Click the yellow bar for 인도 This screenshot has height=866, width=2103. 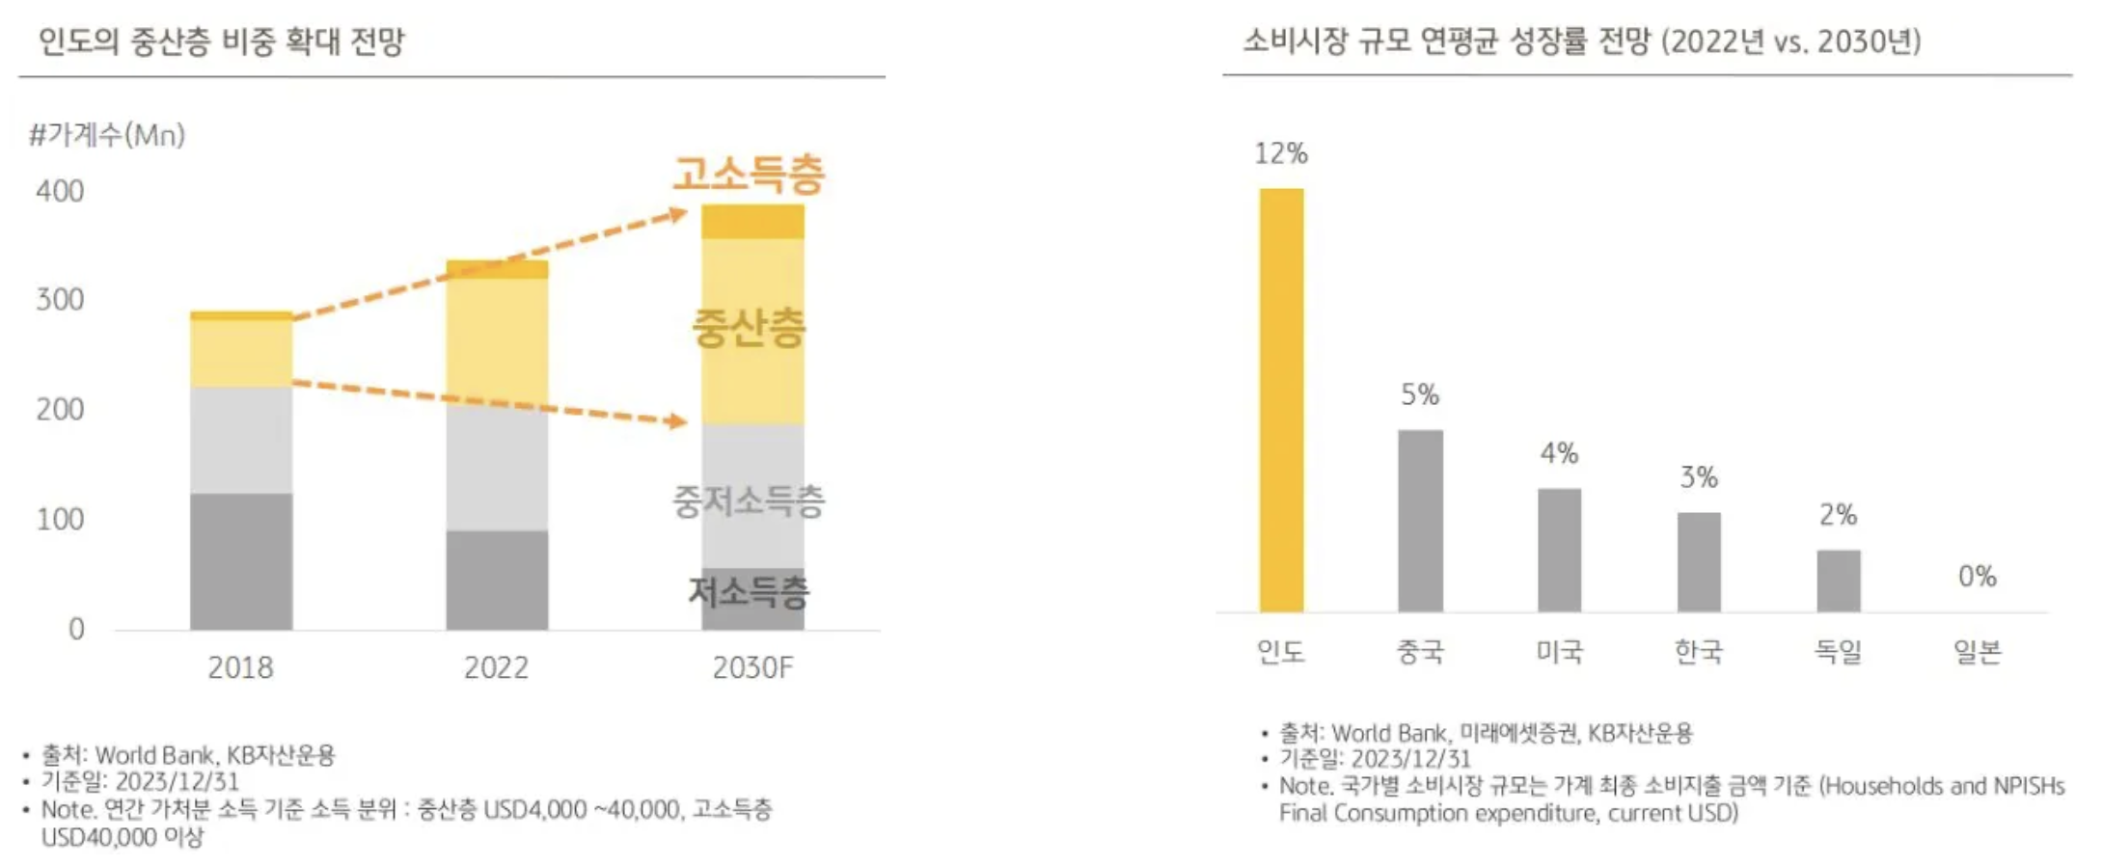point(1281,400)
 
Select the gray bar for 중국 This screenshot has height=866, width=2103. point(1420,521)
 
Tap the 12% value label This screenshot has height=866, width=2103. point(1281,153)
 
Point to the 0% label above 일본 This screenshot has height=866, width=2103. point(1977,577)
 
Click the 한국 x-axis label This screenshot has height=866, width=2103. point(1698,652)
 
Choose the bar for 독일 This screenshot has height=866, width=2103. point(1838,581)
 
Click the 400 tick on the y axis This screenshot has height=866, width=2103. point(60,191)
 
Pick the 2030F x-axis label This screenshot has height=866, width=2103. point(752,667)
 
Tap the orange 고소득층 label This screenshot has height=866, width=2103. point(749,175)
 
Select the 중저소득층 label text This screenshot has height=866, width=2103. point(749,501)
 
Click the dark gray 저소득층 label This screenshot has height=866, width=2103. point(749,591)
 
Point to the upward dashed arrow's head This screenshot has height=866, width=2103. point(679,215)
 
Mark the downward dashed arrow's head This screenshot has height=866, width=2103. point(679,421)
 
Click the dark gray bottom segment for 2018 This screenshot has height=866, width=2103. point(241,561)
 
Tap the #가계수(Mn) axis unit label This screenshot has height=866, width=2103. point(107,135)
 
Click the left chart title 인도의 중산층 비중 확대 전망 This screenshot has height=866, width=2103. point(221,41)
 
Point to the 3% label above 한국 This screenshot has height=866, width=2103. point(1699,477)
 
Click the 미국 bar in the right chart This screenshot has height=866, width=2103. point(1559,550)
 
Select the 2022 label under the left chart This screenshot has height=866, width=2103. point(496,667)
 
